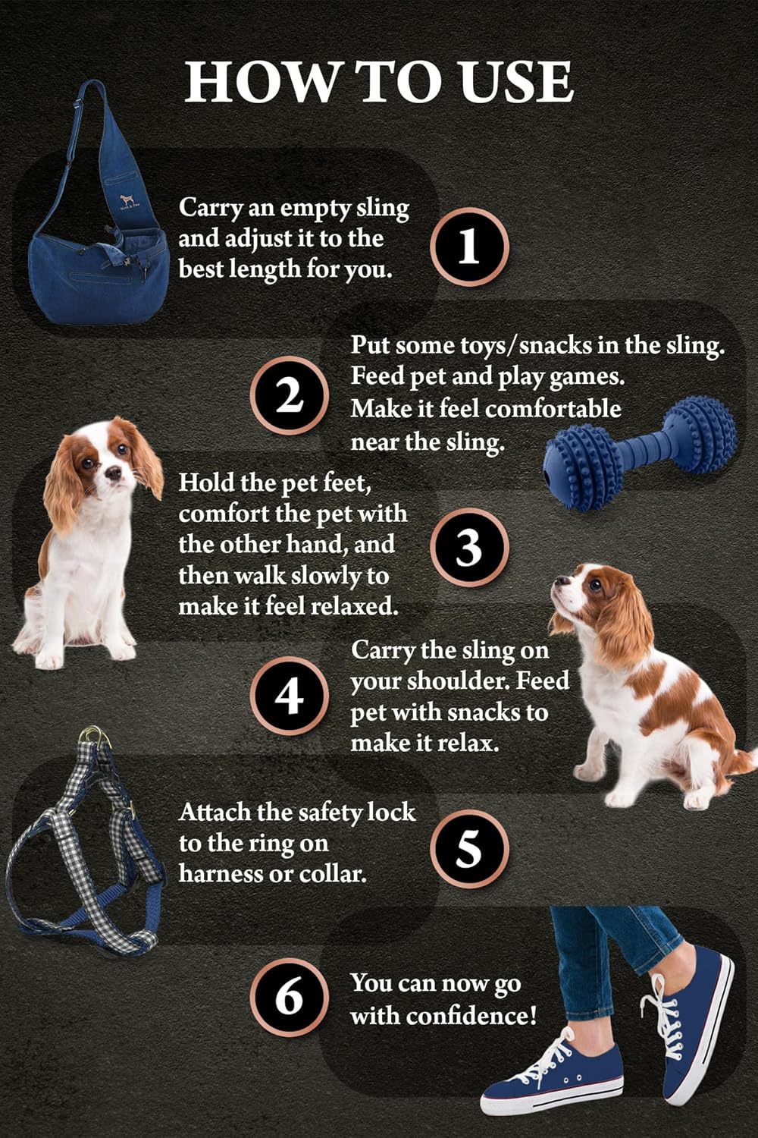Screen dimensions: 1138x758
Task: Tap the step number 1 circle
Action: (469, 247)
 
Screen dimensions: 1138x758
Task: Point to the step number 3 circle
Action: (469, 548)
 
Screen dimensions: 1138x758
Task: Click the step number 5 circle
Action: (469, 848)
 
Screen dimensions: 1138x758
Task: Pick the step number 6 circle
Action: (289, 997)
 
